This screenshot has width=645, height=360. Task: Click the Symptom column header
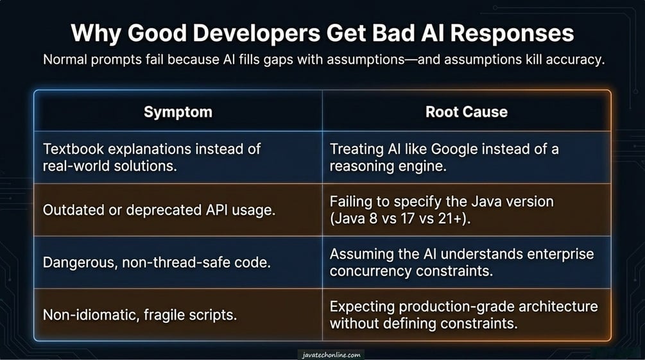click(178, 112)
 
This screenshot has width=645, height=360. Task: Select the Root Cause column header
click(466, 112)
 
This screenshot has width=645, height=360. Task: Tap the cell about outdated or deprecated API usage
click(159, 210)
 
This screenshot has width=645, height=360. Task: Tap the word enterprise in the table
click(561, 254)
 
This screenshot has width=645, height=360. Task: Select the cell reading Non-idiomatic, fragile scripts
click(141, 314)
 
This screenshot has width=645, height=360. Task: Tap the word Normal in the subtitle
click(67, 60)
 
